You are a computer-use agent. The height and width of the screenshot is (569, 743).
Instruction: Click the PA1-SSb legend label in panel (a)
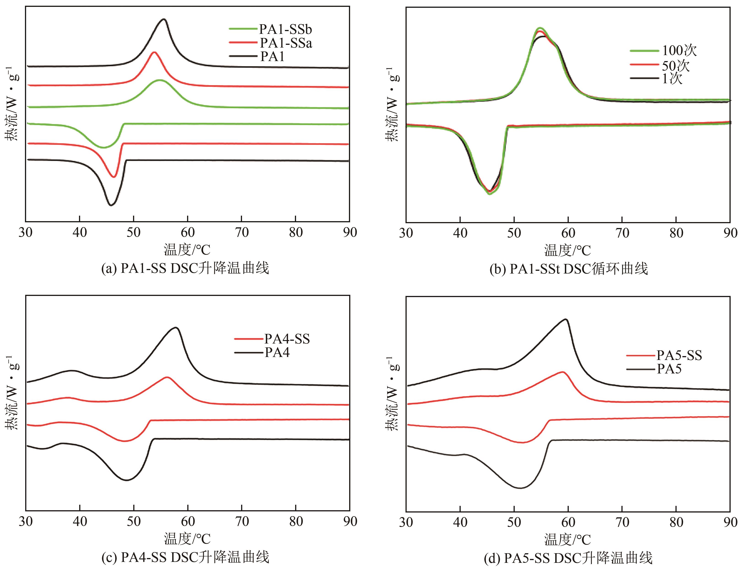pyautogui.click(x=285, y=30)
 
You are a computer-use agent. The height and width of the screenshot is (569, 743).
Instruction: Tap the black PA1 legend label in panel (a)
pyautogui.click(x=272, y=56)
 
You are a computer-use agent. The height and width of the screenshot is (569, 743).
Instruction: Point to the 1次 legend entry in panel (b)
pyautogui.click(x=672, y=79)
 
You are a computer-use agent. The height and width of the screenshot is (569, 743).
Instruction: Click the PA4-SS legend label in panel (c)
pyautogui.click(x=287, y=339)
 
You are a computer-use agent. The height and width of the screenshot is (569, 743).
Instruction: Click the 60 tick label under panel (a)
pyautogui.click(x=188, y=233)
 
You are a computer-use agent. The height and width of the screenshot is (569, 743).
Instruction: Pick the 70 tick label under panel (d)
pyautogui.click(x=622, y=522)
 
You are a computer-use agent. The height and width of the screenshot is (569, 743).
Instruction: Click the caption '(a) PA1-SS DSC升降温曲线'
pyautogui.click(x=185, y=268)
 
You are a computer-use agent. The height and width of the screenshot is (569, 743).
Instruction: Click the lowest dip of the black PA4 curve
pyautogui.click(x=127, y=480)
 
